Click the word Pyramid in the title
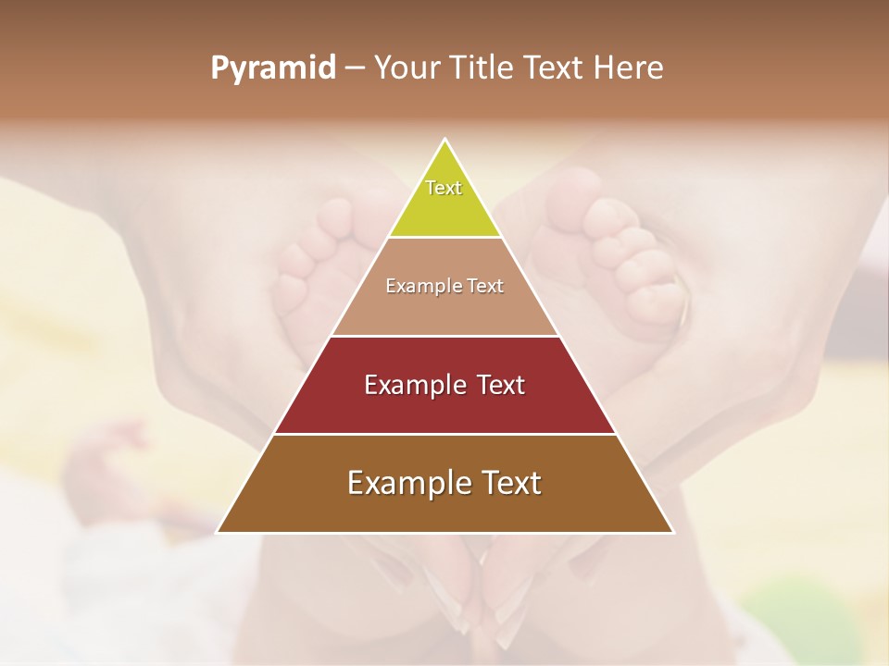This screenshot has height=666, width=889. [273, 68]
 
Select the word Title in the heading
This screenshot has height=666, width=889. [482, 68]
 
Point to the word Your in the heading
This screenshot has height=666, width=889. [407, 68]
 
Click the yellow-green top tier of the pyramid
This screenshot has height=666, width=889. [444, 208]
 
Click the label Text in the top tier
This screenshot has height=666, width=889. [444, 188]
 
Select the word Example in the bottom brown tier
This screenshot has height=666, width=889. [404, 483]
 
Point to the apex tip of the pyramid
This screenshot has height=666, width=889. [445, 140]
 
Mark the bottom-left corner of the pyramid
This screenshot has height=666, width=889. [219, 532]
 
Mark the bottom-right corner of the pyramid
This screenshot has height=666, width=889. [672, 532]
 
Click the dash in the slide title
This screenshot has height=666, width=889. [355, 68]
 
